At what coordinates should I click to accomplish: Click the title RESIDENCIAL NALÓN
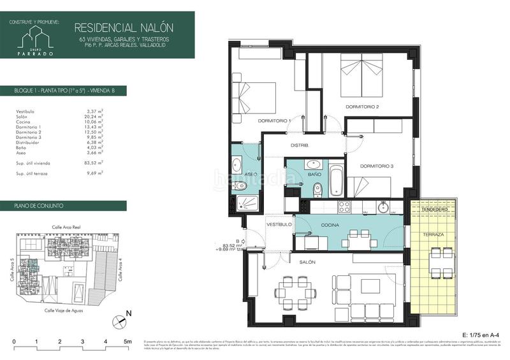click(x=125, y=27)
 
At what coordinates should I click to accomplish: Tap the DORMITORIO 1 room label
click(x=274, y=121)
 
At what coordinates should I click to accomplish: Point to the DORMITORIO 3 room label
click(x=376, y=166)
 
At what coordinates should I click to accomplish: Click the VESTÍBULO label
click(x=279, y=225)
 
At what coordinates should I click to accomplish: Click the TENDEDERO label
click(x=434, y=210)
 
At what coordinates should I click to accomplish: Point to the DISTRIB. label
click(x=300, y=146)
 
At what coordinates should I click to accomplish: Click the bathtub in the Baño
click(x=336, y=181)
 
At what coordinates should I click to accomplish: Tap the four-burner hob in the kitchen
click(x=344, y=206)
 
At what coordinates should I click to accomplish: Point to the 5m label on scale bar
click(x=127, y=342)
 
